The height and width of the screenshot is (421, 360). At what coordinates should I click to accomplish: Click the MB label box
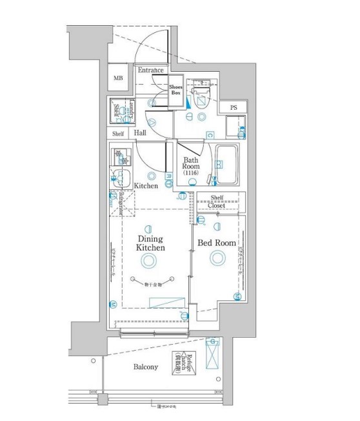tap(118, 79)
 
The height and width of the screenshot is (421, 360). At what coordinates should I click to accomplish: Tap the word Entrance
tap(150, 70)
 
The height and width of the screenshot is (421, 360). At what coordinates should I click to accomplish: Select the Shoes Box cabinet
tap(175, 90)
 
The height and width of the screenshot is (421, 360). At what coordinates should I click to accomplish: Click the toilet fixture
tap(201, 96)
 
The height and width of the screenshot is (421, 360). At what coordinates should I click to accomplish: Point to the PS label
tap(233, 107)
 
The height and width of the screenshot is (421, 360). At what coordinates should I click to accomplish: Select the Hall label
tap(140, 133)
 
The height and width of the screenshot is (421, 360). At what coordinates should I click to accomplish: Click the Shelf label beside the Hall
tap(118, 134)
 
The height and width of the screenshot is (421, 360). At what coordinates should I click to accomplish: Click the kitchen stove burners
tap(120, 157)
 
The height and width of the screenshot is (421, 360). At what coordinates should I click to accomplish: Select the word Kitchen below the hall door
tap(146, 186)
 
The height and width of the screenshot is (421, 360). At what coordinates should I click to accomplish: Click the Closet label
tap(216, 206)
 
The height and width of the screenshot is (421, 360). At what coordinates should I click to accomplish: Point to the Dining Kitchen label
tap(150, 243)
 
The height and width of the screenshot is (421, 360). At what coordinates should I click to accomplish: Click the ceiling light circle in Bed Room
tap(217, 258)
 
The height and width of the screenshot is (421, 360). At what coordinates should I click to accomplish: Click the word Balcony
tap(146, 367)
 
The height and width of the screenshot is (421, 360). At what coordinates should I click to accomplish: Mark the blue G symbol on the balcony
tap(212, 341)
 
